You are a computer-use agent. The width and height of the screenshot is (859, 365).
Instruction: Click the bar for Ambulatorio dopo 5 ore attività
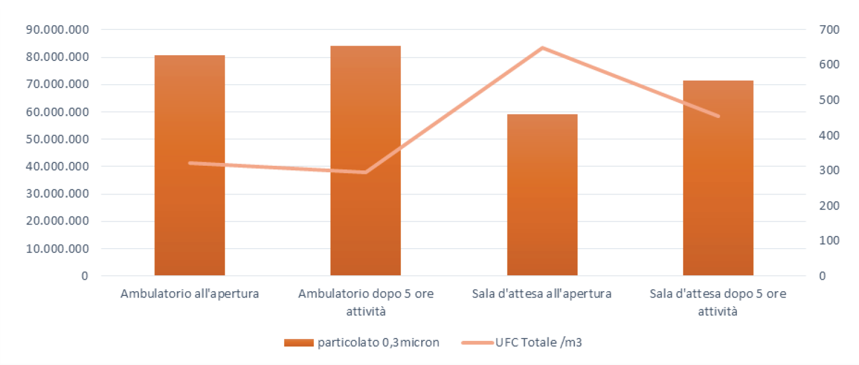365,161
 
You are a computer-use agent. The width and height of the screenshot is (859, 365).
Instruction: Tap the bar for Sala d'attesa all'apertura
542,195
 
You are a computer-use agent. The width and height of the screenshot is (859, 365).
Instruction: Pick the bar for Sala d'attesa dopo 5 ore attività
718,178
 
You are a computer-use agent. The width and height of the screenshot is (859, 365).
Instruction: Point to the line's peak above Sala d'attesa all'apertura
542,48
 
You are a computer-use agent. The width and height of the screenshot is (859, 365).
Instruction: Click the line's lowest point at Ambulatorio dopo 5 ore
365,172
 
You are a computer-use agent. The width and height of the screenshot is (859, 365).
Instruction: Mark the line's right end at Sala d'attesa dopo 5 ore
718,116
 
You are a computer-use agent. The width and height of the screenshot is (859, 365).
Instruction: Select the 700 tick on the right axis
831,30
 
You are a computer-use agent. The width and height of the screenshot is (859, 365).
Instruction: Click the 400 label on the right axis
831,135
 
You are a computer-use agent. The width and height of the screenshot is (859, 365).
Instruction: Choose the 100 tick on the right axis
831,241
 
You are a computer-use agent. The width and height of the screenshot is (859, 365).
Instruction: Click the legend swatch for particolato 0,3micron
298,343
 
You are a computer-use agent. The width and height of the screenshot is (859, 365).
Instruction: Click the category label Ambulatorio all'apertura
190,294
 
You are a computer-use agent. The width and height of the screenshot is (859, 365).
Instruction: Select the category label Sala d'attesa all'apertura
542,294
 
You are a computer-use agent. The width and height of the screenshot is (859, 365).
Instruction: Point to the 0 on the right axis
822,276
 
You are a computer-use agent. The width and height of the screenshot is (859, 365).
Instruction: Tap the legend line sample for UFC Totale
477,343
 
